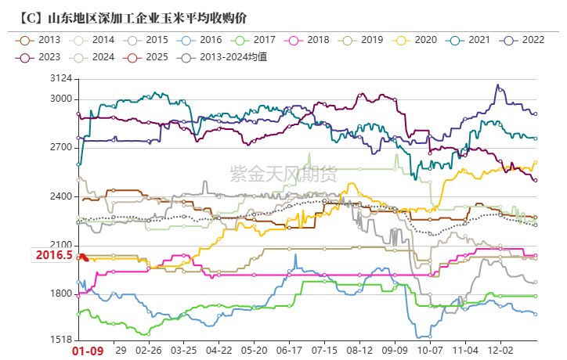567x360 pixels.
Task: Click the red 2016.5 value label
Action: [52, 255]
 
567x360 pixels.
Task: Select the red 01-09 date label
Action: [88, 352]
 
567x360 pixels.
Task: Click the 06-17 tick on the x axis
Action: [290, 352]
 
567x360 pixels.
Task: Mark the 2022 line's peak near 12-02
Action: [497, 85]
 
